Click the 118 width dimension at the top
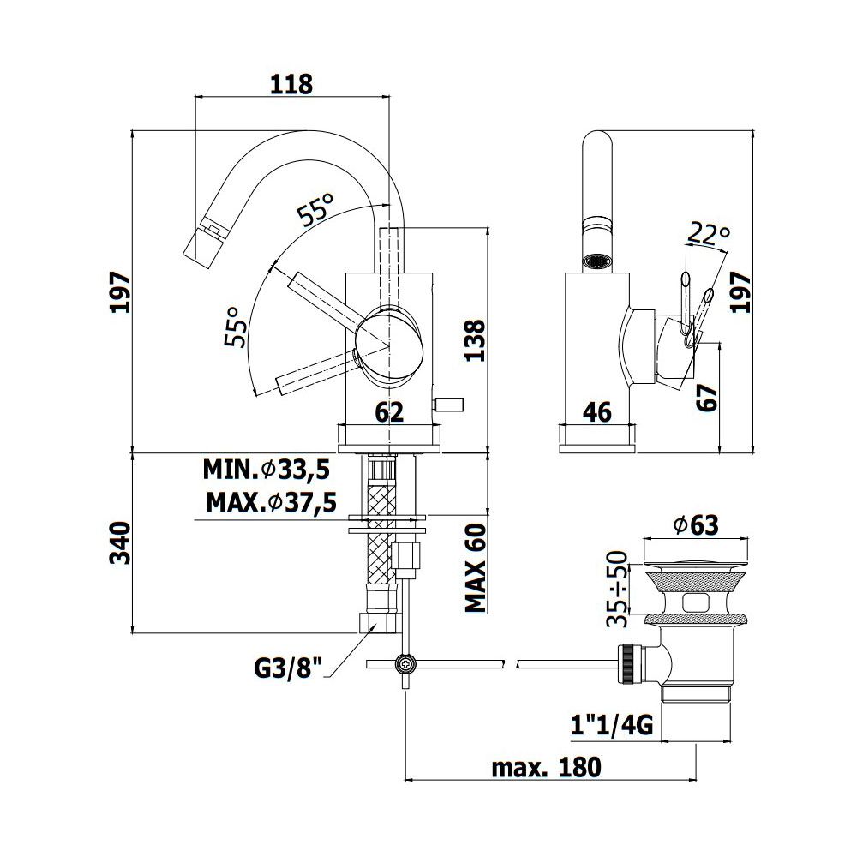pos(291,84)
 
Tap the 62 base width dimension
pos(389,411)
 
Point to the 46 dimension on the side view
pos(596,411)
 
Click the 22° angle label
pos(709,233)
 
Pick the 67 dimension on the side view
pos(706,398)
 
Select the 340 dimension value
pos(121,542)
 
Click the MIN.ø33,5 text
pos(267,469)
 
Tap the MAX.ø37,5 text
pos(271,502)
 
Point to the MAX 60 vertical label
pos(475,568)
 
